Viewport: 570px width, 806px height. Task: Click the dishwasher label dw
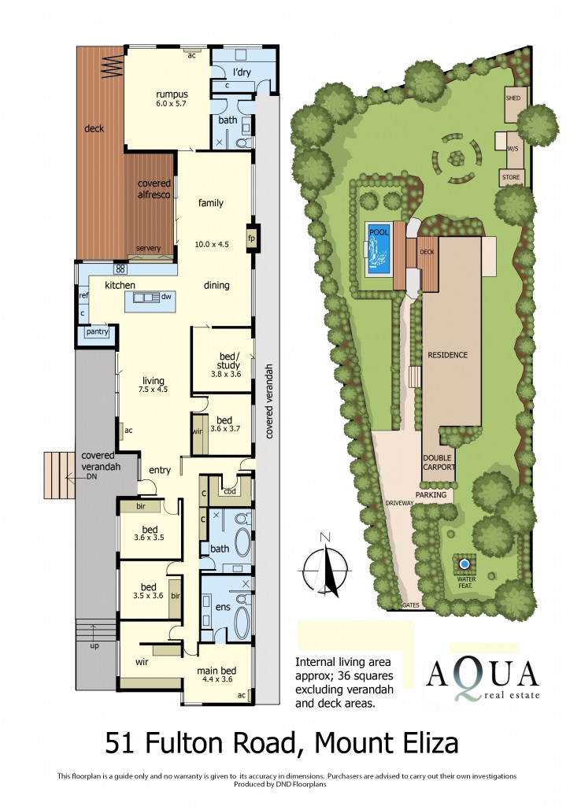[x=166, y=298]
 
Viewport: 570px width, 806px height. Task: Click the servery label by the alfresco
[x=148, y=249]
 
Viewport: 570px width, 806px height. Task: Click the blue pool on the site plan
[x=379, y=248]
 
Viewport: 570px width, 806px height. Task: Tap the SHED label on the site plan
[x=513, y=98]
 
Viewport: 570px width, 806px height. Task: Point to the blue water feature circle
[x=465, y=564]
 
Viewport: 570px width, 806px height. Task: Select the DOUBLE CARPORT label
[x=439, y=462]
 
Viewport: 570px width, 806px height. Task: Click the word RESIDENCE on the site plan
[x=448, y=355]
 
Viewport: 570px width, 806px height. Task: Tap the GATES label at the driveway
[x=409, y=606]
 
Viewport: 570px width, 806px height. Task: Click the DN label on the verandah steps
[x=91, y=477]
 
